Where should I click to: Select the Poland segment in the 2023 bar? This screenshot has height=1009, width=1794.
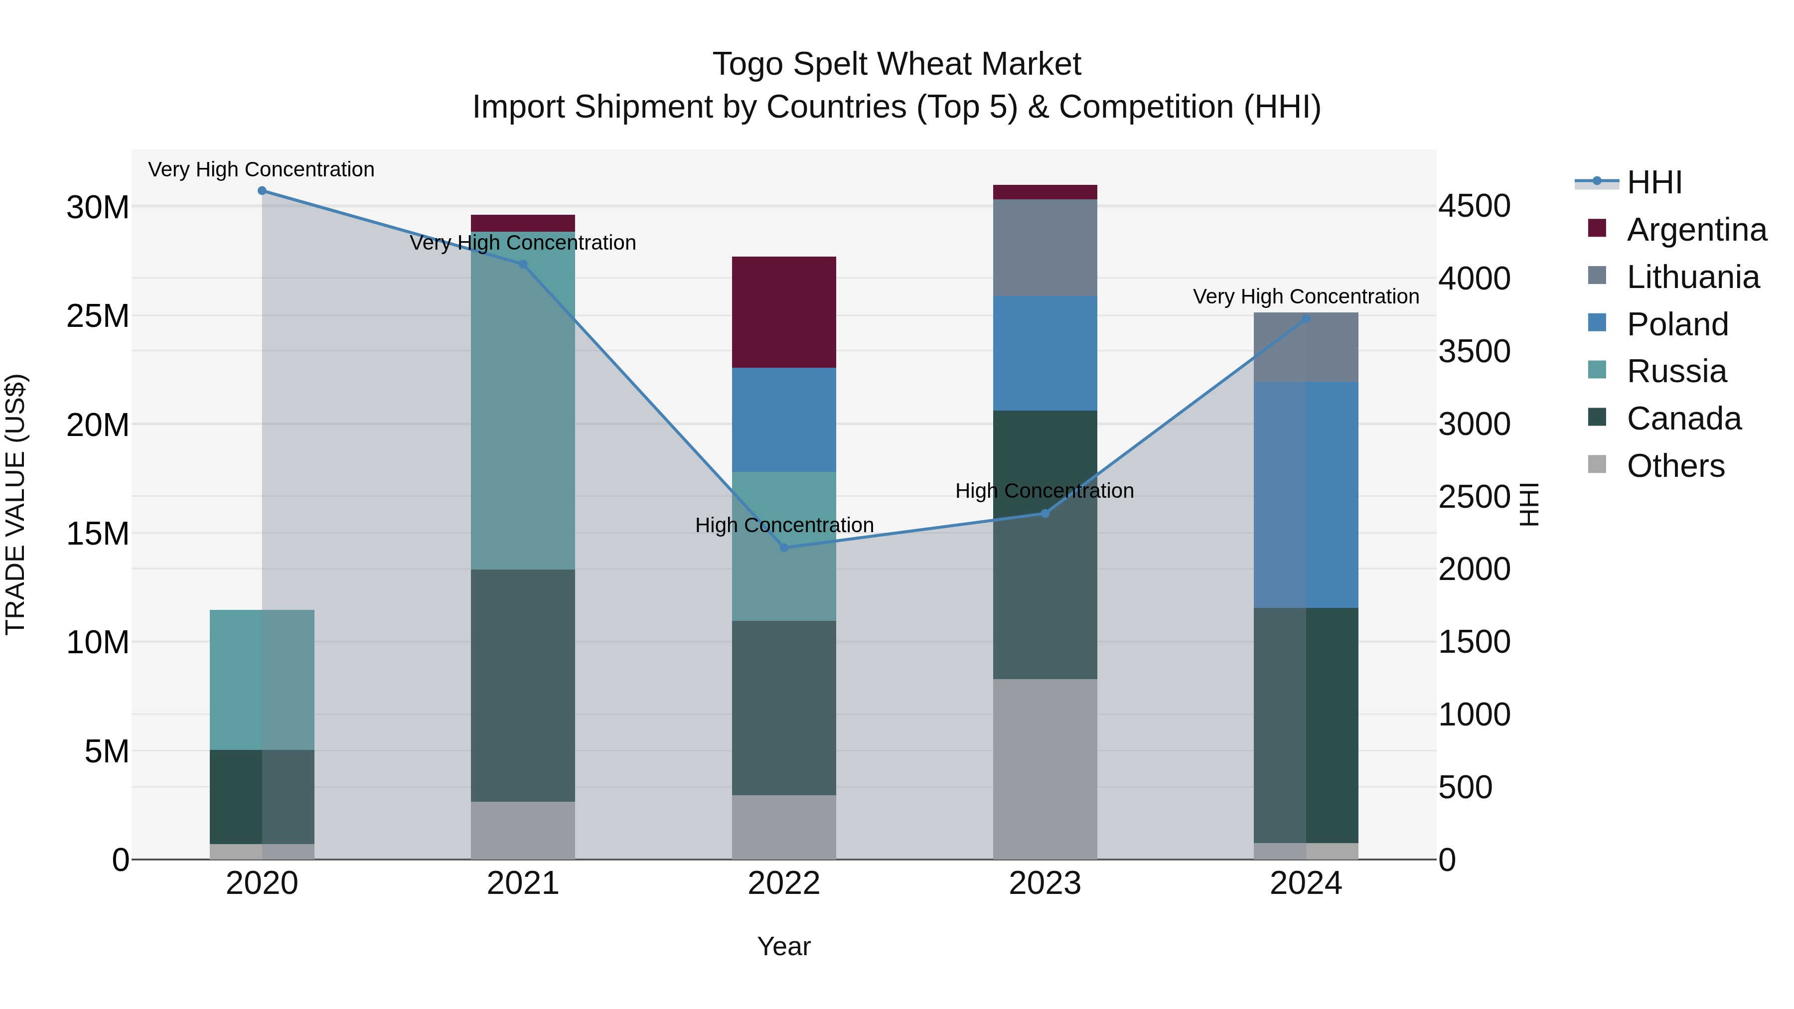(x=1045, y=353)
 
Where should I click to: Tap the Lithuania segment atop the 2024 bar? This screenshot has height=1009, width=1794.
(x=1306, y=347)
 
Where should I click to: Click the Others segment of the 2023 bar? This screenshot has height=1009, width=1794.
(x=1045, y=769)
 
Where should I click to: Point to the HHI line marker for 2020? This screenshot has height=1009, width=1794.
(x=262, y=191)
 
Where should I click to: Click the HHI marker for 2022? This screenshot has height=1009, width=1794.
(x=784, y=548)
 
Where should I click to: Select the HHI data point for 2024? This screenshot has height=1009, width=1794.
(x=1306, y=319)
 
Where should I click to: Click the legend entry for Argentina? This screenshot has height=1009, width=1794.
(x=1696, y=230)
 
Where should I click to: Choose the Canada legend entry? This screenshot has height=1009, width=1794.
(x=1683, y=419)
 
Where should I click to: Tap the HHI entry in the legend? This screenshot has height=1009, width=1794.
(x=1654, y=182)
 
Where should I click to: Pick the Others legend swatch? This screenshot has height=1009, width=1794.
(x=1597, y=464)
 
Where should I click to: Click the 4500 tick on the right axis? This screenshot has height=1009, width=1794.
(x=1475, y=207)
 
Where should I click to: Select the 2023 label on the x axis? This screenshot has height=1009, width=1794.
(x=1045, y=883)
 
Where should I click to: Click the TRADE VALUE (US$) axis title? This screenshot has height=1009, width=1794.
(x=15, y=504)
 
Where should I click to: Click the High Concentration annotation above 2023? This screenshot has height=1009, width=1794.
(x=1044, y=491)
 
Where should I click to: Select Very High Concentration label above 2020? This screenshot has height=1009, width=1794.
(x=261, y=170)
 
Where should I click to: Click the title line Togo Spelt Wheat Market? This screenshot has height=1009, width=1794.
(x=897, y=64)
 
